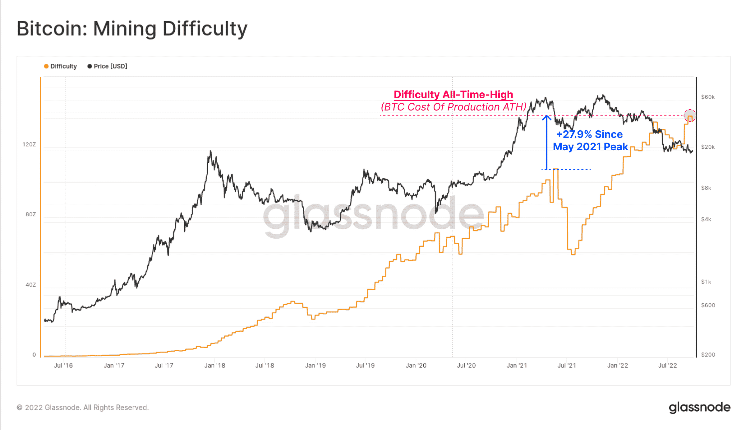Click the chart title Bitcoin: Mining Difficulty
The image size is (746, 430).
(132, 29)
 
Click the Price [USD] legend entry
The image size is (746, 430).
(107, 66)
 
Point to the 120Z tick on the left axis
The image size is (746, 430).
(29, 144)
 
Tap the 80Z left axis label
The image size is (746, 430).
(30, 214)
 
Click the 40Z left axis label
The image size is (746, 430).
(30, 285)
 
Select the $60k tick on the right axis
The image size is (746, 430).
(707, 97)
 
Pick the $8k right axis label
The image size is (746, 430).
(706, 188)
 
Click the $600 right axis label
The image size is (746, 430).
(708, 305)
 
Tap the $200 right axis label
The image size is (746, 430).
(708, 355)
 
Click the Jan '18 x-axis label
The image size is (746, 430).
(214, 366)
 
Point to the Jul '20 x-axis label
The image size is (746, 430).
(466, 366)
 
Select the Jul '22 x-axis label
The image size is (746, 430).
(667, 366)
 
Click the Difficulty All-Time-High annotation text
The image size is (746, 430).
(453, 95)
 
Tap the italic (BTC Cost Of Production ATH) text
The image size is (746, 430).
(454, 107)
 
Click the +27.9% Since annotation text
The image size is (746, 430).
(589, 134)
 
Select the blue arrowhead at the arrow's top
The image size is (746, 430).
(546, 117)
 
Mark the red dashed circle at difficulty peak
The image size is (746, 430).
(690, 115)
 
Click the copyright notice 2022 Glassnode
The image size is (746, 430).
(83, 408)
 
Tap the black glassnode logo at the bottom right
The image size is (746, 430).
(699, 407)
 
